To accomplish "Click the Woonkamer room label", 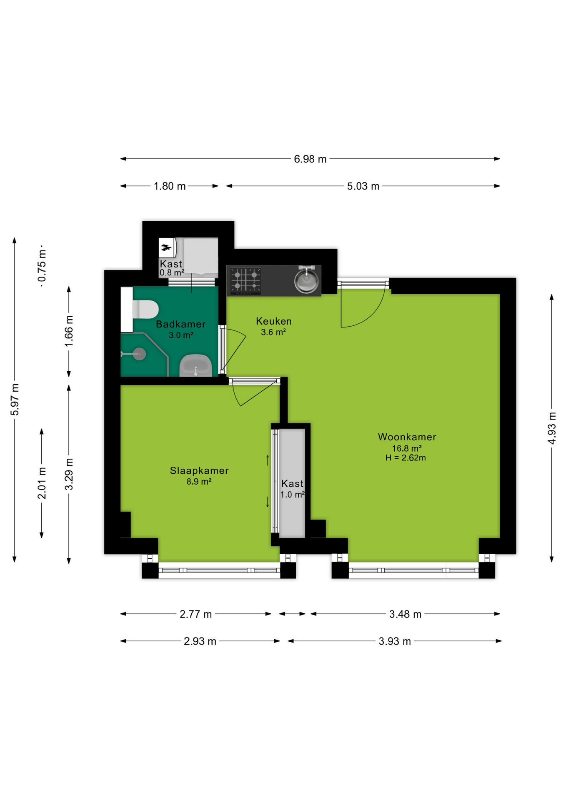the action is (407, 437).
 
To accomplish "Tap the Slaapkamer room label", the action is (199, 470).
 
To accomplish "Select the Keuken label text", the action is (273, 321).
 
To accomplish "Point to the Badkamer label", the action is (180, 324).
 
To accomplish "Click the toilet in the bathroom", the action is (145, 310).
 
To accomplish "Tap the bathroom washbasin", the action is (195, 366).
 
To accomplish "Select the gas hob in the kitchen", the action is (245, 281).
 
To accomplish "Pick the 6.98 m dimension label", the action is (310, 159).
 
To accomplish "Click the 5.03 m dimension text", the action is (363, 186).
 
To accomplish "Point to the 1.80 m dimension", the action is (170, 186).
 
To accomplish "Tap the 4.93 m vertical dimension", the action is (551, 428).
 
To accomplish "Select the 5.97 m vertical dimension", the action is (15, 399).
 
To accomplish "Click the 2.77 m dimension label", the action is (195, 614).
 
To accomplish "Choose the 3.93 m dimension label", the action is (394, 641).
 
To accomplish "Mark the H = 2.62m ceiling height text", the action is (406, 458).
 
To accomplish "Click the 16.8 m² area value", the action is (406, 448).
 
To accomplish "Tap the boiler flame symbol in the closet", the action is (166, 248).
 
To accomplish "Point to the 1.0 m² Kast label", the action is (292, 495).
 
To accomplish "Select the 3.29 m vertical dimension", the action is (69, 474).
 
